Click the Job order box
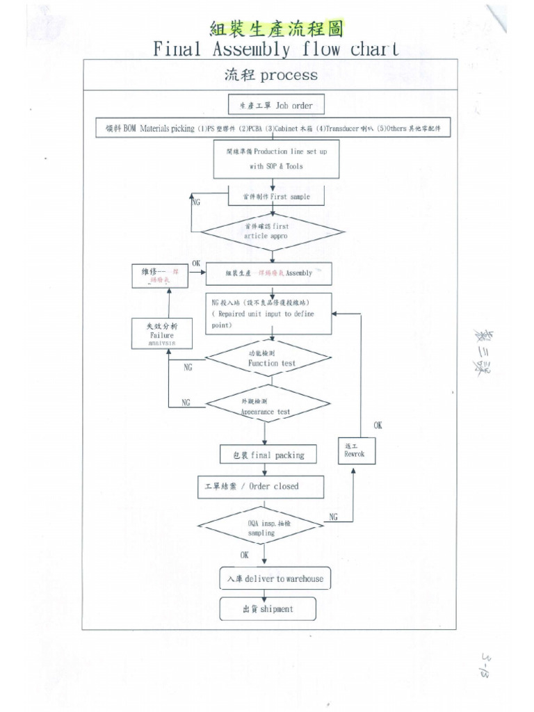(x=275, y=106)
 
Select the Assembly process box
(x=268, y=273)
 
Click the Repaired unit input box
(x=269, y=314)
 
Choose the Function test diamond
(x=268, y=359)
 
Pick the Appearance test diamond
(x=267, y=406)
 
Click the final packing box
(x=267, y=455)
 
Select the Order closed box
(x=260, y=487)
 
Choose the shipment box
(x=268, y=609)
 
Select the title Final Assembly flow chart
(x=275, y=49)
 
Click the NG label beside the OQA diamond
(x=334, y=517)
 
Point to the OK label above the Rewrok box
(x=378, y=424)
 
